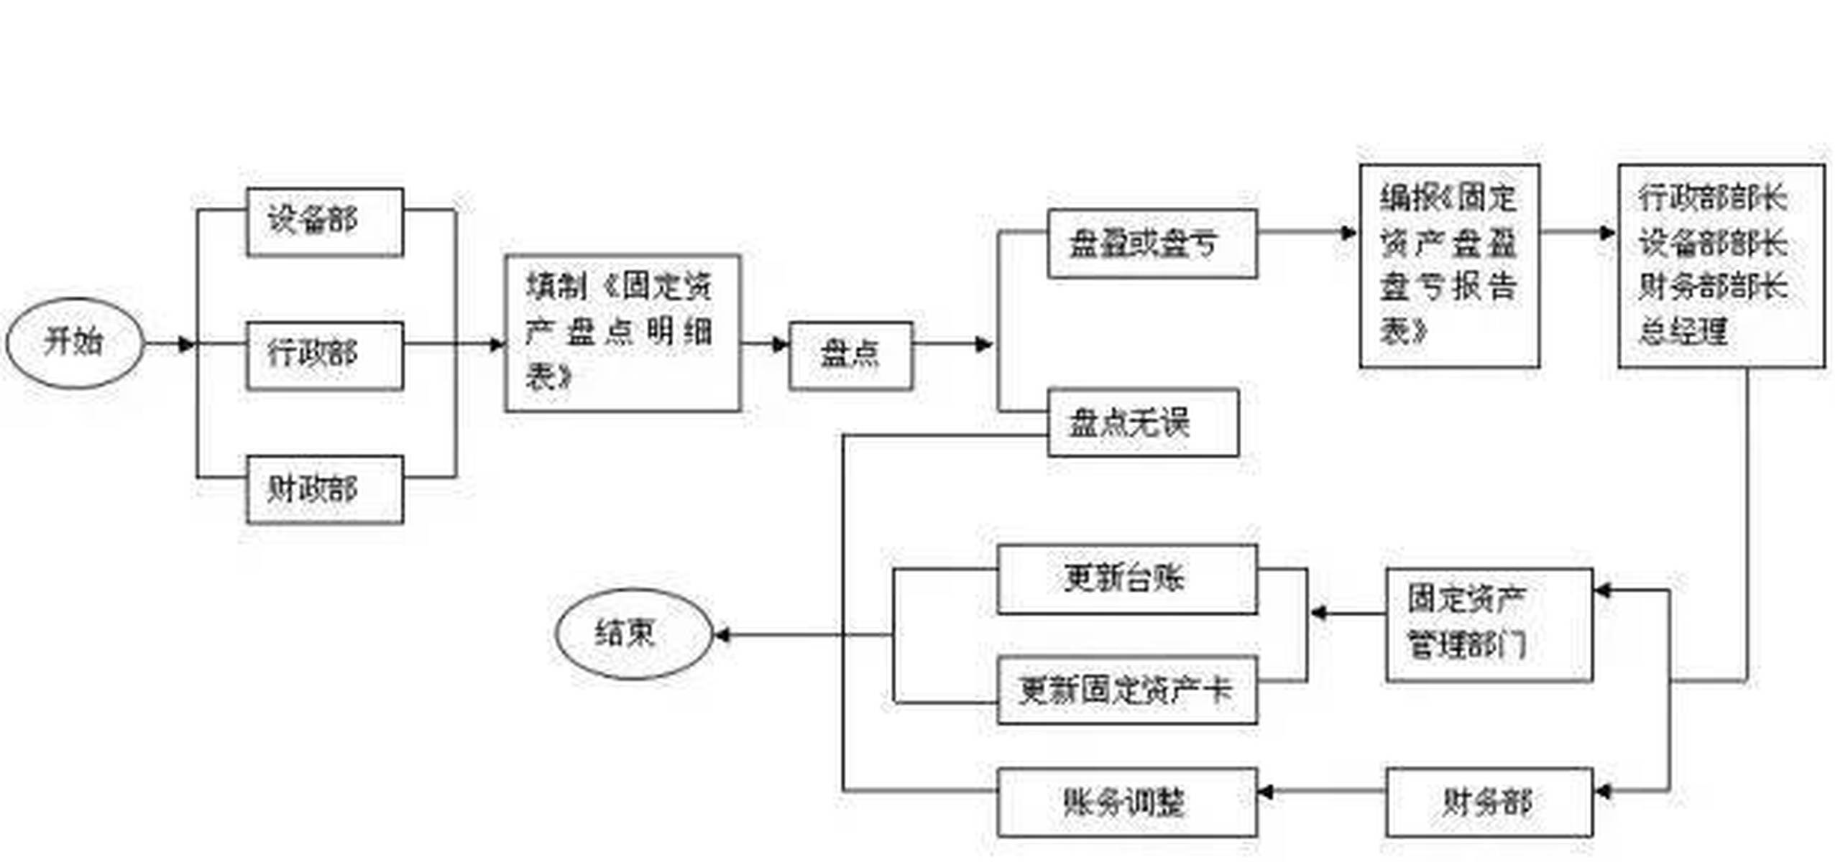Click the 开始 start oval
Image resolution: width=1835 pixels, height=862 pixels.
coord(75,343)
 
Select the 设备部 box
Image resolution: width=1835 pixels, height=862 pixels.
coord(324,221)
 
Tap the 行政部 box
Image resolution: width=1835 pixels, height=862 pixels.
coord(324,356)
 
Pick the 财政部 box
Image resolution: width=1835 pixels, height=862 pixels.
coord(324,489)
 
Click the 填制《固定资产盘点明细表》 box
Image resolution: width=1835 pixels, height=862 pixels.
coord(622,333)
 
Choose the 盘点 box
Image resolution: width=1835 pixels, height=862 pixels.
coord(850,356)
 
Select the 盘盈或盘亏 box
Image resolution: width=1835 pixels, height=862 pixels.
coord(1151,244)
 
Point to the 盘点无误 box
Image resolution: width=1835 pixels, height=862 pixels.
coord(1142,422)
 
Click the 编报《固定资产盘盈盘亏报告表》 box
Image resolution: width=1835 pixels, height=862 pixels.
coord(1448,266)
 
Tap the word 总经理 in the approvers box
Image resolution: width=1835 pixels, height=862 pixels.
coord(1682,333)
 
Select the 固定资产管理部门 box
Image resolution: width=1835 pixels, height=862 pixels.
coord(1488,624)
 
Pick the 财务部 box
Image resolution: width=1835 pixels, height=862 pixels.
coord(1488,802)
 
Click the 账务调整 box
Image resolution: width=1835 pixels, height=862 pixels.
coord(1126,802)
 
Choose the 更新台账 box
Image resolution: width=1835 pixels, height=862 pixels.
coord(1126,579)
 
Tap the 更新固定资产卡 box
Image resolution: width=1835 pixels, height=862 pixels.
coord(1126,690)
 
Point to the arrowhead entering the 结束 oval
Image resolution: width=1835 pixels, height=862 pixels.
coord(721,635)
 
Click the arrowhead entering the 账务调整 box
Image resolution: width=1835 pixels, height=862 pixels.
coord(1265,792)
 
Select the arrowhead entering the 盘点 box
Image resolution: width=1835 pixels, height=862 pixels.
coord(781,345)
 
